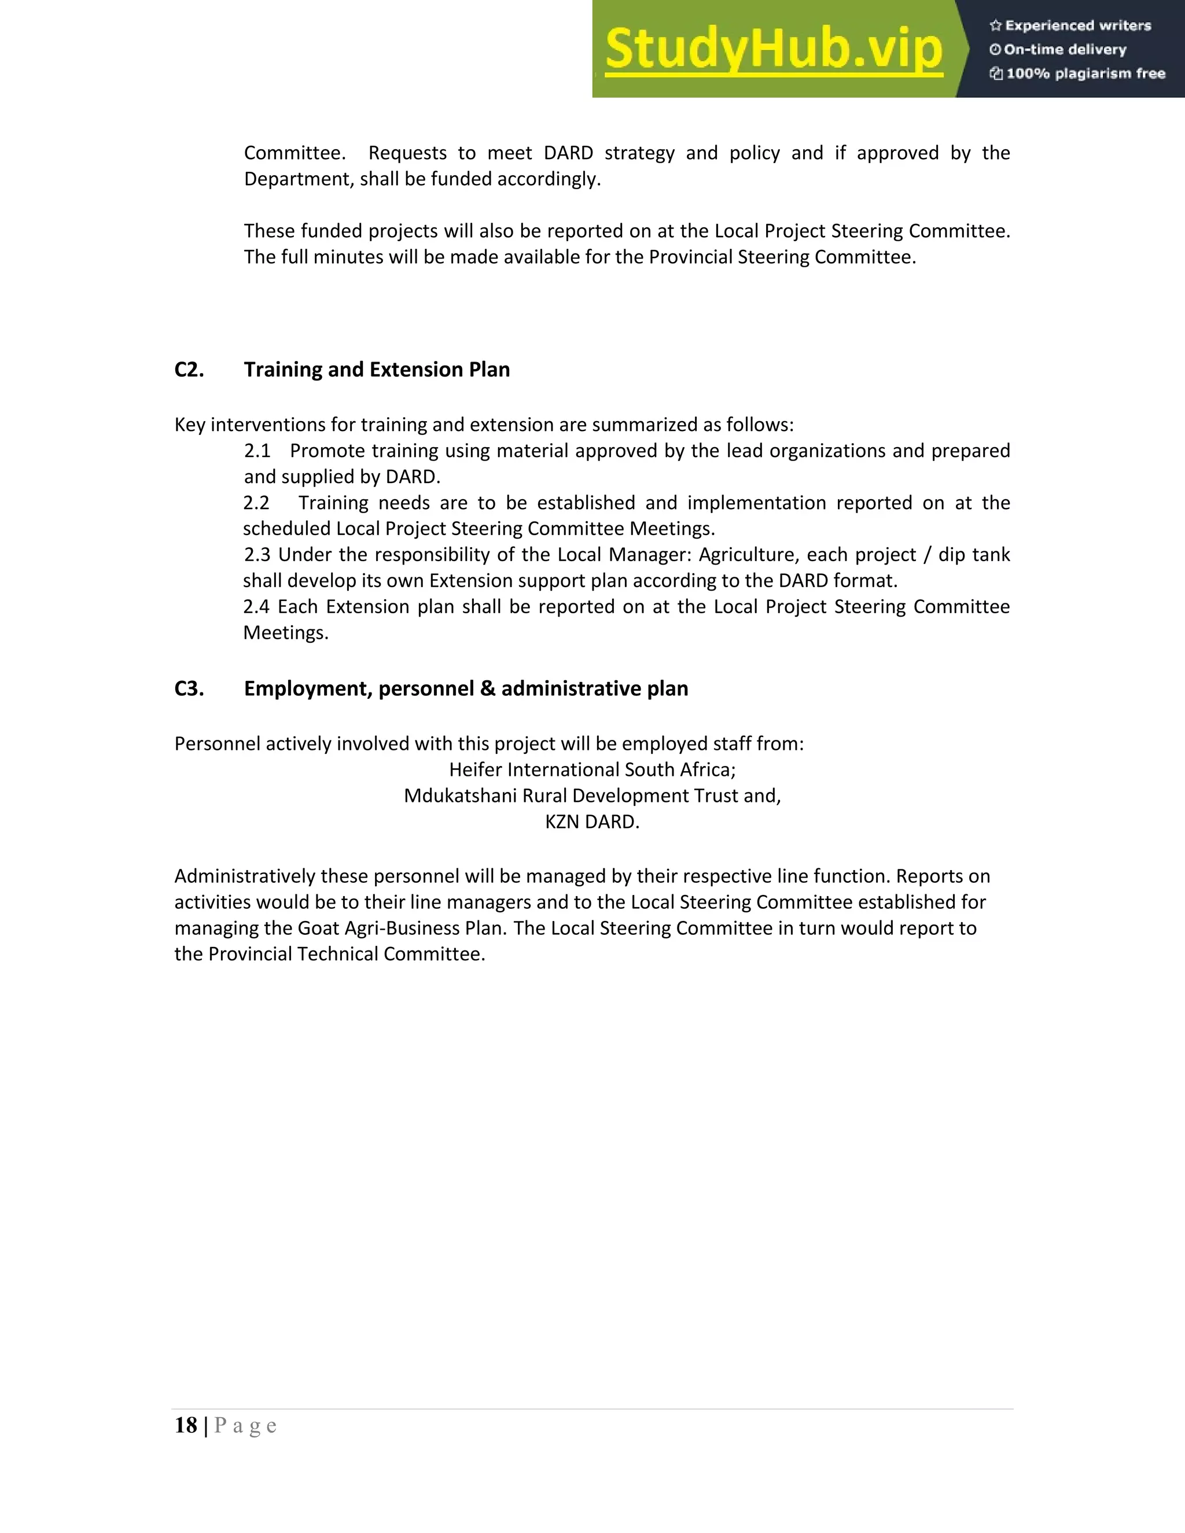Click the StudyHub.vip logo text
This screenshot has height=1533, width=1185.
[773, 49]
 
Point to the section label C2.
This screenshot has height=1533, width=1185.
[189, 370]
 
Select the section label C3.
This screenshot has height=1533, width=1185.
[189, 688]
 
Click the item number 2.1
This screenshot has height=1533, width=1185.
[257, 451]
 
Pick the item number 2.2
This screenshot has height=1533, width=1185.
[256, 503]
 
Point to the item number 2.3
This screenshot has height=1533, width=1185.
[257, 555]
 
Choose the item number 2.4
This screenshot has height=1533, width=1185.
[256, 606]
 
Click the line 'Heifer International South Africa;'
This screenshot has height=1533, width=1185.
[592, 770]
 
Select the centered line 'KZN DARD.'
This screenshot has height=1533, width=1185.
[592, 822]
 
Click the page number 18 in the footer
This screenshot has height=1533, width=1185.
[186, 1425]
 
